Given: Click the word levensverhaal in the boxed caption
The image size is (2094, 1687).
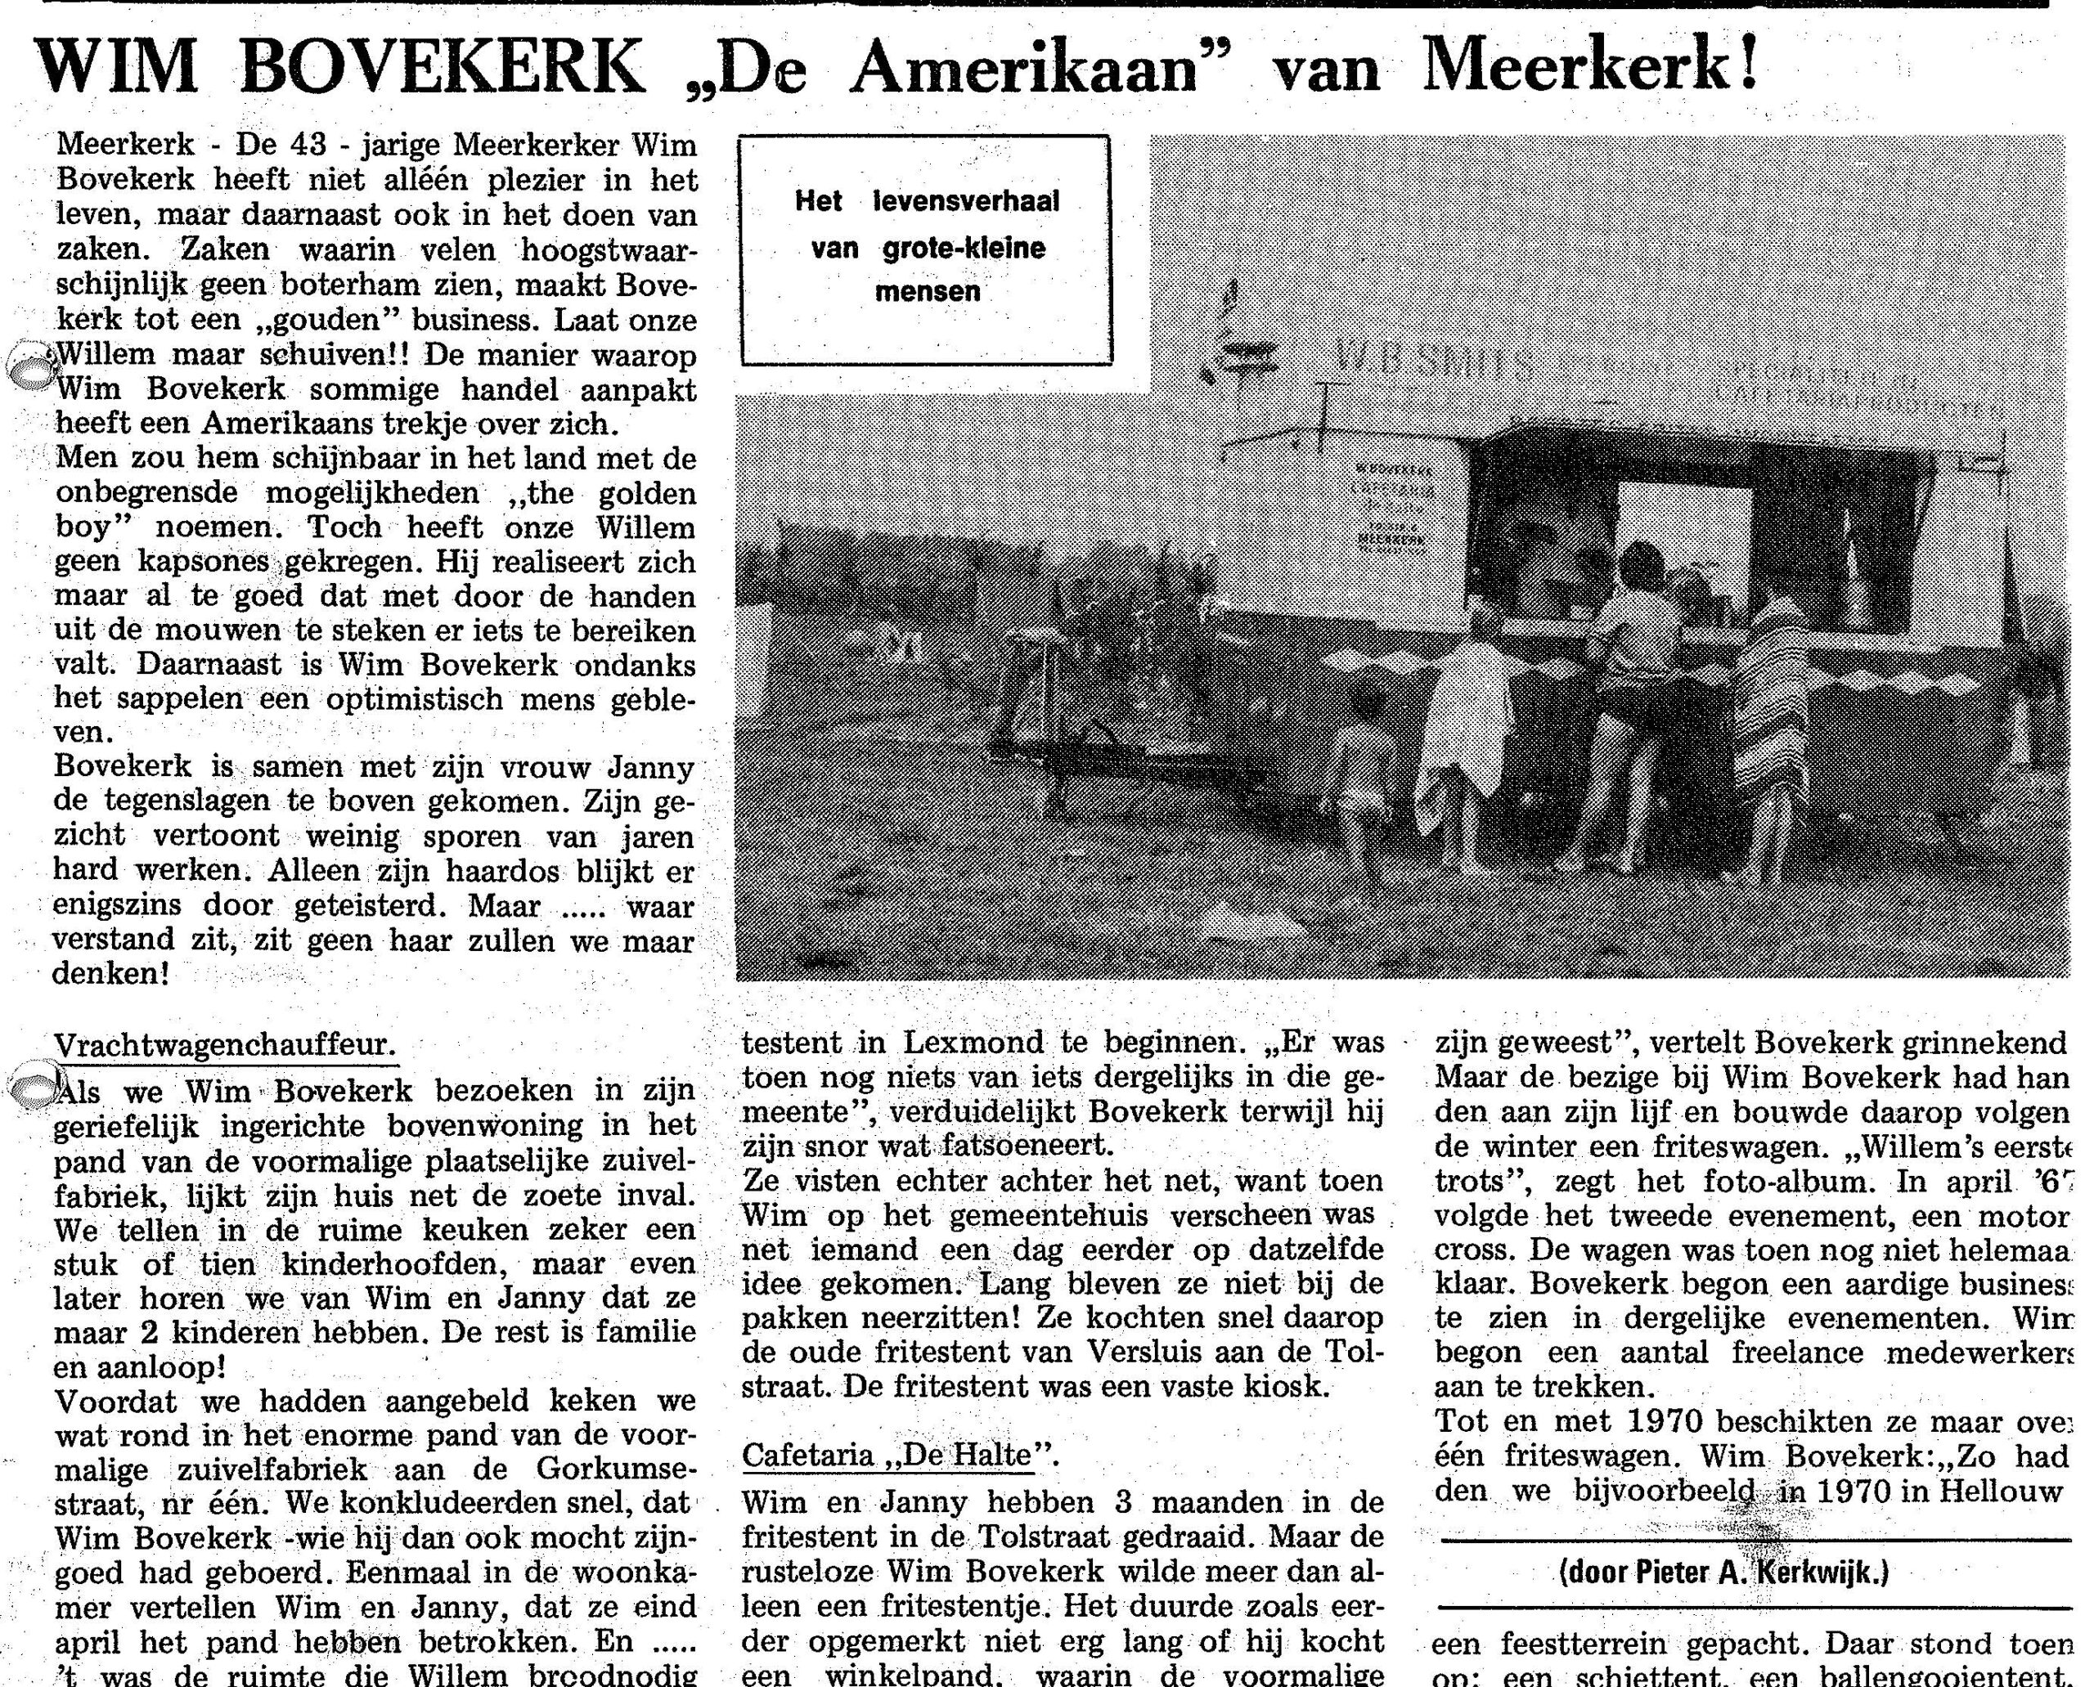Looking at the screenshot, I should (966, 201).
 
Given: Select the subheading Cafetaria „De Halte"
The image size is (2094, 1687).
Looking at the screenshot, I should (899, 1455).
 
